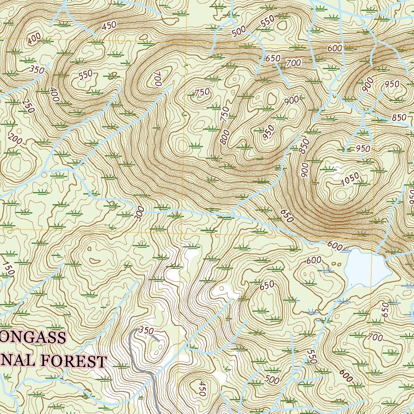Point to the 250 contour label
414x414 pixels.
(27, 106)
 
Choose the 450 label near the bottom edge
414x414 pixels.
(202, 388)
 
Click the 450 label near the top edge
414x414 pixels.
(109, 26)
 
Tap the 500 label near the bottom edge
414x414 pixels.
(272, 379)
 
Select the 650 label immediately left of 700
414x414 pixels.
(272, 59)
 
